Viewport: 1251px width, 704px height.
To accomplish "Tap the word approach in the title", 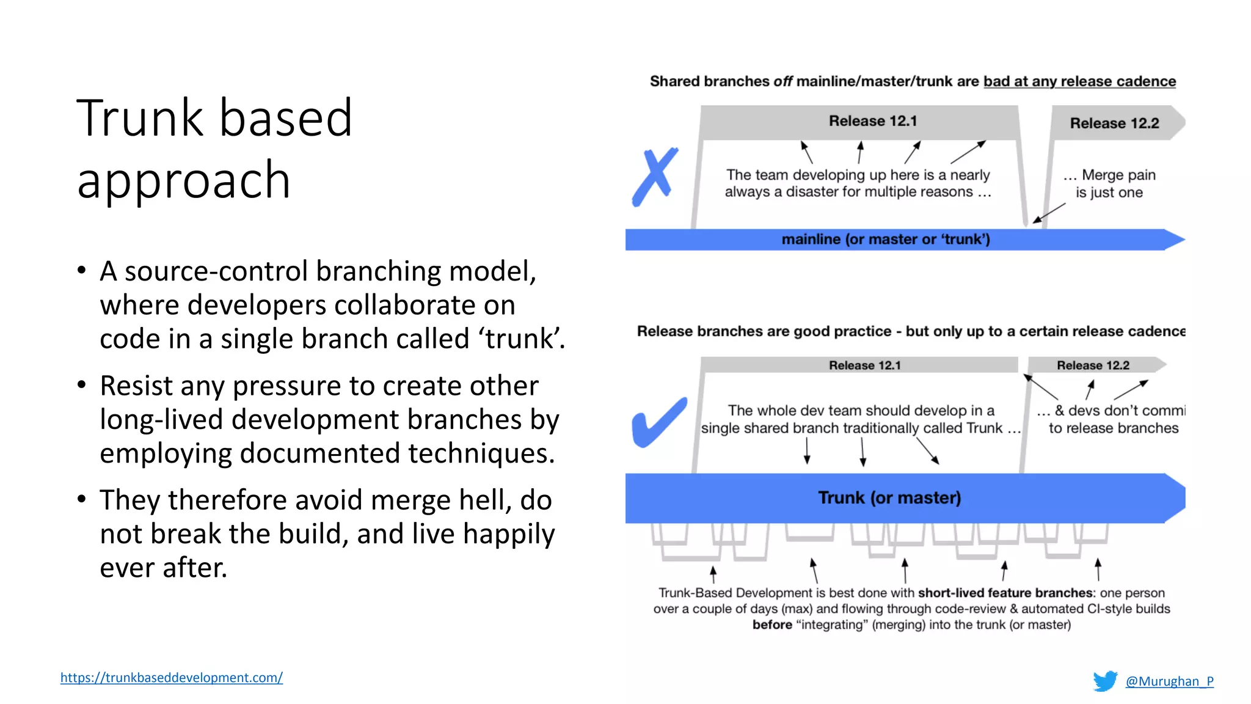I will click(183, 181).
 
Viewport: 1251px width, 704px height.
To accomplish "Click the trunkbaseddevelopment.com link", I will click(171, 677).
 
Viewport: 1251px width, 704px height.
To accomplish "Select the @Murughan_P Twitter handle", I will click(1169, 681).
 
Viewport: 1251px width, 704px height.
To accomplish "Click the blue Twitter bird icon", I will click(1105, 681).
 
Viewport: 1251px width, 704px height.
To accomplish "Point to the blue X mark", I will click(655, 177).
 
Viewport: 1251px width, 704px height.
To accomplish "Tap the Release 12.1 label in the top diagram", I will click(872, 121).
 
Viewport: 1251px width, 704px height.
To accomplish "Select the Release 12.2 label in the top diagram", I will click(1114, 123).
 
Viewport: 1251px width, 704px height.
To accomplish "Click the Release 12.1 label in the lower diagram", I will click(864, 365).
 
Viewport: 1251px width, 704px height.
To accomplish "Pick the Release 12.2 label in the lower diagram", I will click(1093, 365).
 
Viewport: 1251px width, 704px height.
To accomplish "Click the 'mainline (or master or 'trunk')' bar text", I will click(885, 240).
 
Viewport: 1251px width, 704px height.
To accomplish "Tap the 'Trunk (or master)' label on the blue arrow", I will click(889, 498).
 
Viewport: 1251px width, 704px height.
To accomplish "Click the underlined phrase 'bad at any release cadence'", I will click(1079, 82).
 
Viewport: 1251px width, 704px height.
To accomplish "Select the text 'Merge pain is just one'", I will click(1109, 184).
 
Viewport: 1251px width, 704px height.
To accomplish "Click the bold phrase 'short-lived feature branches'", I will click(1005, 593).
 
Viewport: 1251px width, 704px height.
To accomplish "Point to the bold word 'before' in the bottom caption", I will click(771, 625).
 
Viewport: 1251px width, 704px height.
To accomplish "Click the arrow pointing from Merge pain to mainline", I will click(1048, 213).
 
